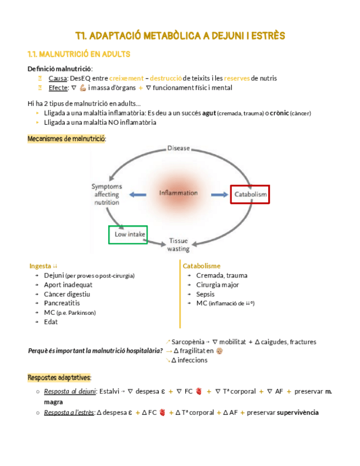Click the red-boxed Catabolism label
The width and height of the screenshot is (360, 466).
250,195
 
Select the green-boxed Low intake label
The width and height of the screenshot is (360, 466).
129,235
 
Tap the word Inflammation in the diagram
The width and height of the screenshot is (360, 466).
179,193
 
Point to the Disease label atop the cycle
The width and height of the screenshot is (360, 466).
179,148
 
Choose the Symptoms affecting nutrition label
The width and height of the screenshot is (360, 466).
107,195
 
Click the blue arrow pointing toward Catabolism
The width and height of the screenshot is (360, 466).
220,194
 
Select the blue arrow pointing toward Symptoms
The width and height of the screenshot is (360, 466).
138,194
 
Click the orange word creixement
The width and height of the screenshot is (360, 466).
128,79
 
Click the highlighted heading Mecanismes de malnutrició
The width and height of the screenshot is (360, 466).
67,139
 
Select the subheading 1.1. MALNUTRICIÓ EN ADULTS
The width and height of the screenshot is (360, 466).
79,55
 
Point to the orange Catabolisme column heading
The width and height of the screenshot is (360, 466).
202,266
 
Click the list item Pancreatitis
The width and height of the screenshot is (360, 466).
62,303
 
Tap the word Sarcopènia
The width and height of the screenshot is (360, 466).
190,342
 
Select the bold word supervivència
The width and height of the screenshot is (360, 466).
298,413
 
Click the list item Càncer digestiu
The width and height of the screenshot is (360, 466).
67,294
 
